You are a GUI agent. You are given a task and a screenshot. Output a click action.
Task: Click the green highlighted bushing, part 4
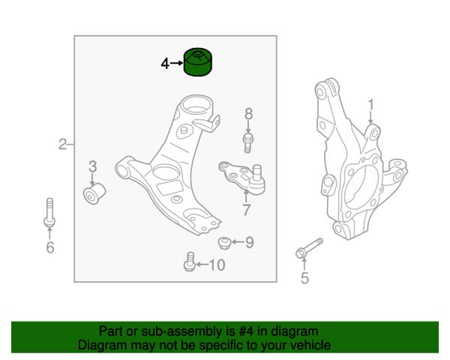(x=198, y=62)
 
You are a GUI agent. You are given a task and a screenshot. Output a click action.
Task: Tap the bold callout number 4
(x=165, y=64)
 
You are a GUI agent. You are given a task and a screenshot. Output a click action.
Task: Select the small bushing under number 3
(x=94, y=193)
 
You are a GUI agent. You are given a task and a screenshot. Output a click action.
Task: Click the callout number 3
(x=92, y=166)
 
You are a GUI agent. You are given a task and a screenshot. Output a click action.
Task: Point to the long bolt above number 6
(x=49, y=212)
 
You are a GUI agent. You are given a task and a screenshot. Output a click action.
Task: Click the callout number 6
(x=50, y=247)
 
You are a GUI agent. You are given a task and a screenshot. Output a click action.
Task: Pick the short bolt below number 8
(x=248, y=142)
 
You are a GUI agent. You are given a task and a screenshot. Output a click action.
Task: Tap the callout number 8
(x=248, y=114)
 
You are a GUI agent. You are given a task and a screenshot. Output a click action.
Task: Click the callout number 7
(x=247, y=210)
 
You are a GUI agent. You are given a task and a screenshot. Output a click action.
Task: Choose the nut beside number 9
(x=224, y=243)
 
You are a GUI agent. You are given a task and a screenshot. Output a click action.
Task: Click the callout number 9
(x=250, y=242)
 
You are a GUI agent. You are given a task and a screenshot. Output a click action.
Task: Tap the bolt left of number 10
(x=190, y=262)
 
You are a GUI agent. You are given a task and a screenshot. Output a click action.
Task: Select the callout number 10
(x=217, y=265)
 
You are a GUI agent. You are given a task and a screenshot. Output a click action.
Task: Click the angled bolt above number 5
(x=309, y=248)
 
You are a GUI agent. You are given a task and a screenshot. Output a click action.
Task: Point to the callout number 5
(x=304, y=278)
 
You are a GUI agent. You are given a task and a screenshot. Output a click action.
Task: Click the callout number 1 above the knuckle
(x=371, y=105)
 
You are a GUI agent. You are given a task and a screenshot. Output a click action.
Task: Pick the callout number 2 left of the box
(x=62, y=144)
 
